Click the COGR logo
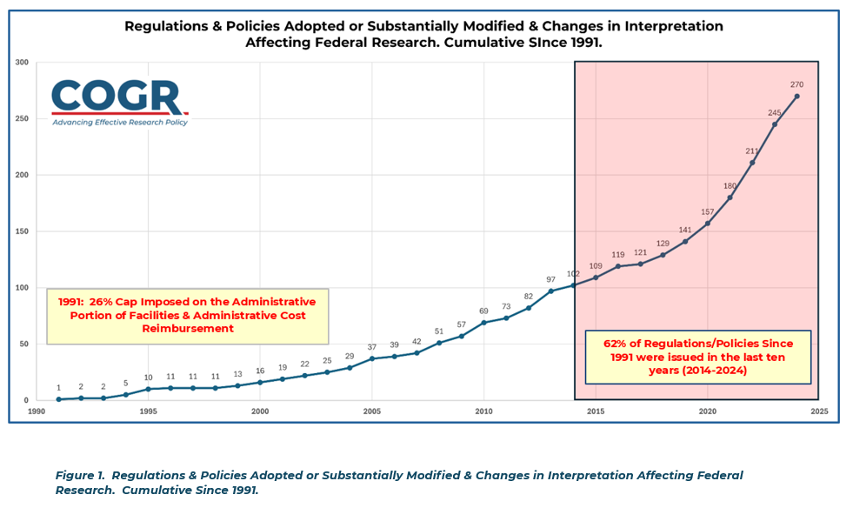(119, 97)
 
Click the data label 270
(796, 84)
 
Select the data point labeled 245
(775, 124)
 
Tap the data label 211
(752, 150)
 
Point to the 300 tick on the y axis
(23, 63)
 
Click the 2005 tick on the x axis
(372, 411)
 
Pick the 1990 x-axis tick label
(36, 411)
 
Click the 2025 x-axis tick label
(819, 411)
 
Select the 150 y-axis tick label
(23, 231)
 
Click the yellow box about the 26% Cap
(188, 315)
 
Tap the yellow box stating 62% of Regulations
(698, 357)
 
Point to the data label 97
(550, 279)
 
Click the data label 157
(707, 212)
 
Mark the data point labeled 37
(372, 358)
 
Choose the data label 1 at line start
(58, 388)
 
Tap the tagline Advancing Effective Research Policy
(120, 123)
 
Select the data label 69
(483, 311)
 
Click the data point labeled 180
(730, 197)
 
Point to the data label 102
(573, 273)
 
